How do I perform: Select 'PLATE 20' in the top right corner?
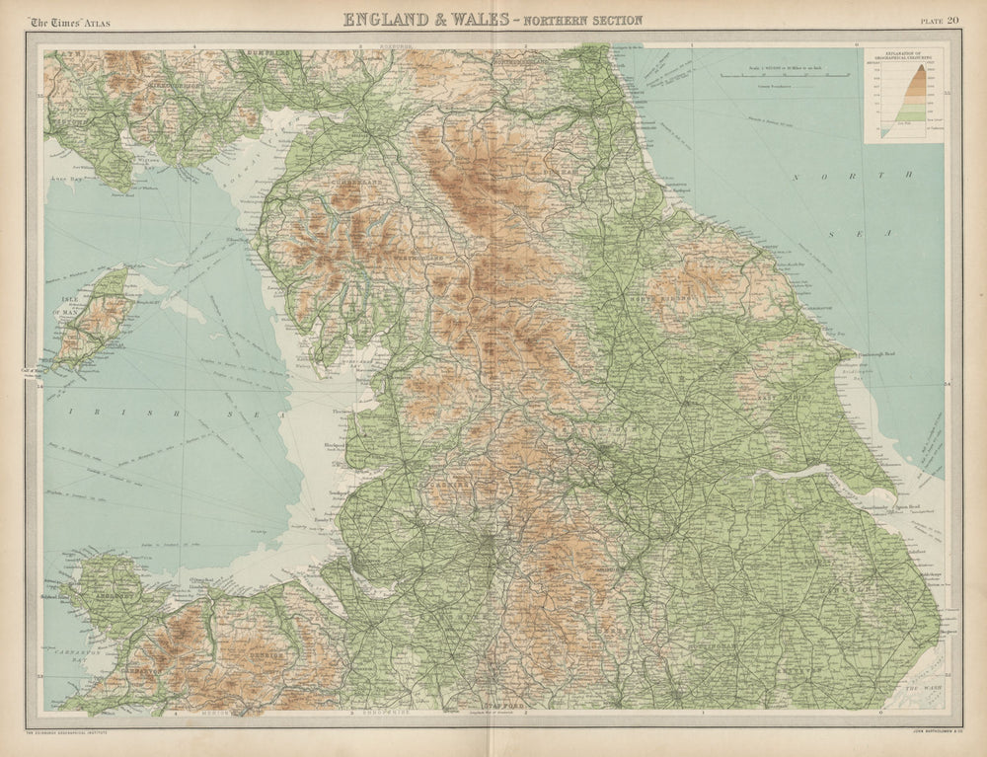938,20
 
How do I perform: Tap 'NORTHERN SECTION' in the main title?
584,20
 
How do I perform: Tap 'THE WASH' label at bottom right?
922,688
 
